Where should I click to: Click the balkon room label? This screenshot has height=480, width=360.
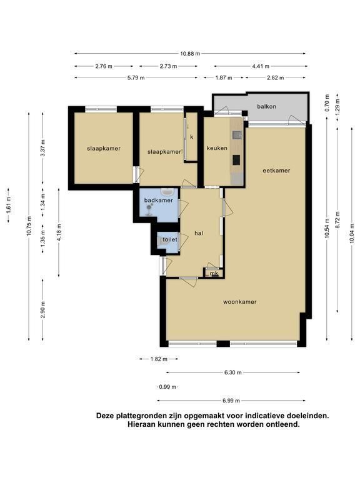pos(266,106)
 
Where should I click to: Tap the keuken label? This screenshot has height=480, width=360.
pos(217,148)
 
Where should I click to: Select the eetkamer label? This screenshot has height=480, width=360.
pos(276,171)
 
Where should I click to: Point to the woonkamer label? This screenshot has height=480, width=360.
pos(240,302)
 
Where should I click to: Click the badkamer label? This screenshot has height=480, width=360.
pos(159,200)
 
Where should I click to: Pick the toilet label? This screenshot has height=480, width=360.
pos(170,239)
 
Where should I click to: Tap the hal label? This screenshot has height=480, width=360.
pos(199,233)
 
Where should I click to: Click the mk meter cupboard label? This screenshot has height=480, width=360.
pos(214,273)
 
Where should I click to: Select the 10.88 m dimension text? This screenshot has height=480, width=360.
pos(190,54)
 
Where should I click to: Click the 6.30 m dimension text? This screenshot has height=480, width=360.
pos(233,372)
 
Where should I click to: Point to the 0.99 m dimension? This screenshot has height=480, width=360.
pos(167,387)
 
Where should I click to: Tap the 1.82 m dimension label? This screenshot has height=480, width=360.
pos(159,359)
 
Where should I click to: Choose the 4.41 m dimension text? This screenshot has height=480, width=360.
pos(261,66)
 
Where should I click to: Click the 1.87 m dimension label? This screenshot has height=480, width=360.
pos(224,77)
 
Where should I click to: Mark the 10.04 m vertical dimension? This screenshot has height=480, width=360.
pos(352,234)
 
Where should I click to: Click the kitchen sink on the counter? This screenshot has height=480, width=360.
pos(237,135)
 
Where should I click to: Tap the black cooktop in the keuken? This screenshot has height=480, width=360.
pos(237,160)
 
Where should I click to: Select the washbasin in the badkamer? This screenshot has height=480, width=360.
pos(167,192)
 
